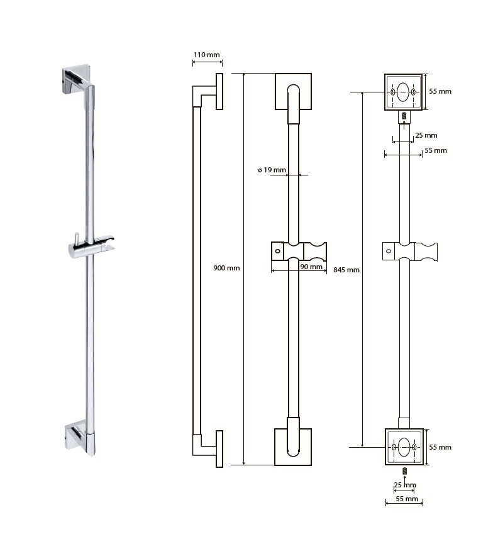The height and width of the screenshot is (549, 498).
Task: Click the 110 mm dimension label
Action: [206, 55]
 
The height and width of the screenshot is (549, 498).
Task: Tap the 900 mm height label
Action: [226, 268]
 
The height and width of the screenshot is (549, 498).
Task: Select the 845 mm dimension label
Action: [346, 270]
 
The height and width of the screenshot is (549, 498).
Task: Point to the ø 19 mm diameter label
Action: [272, 170]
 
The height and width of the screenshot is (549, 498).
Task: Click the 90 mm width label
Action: [311, 267]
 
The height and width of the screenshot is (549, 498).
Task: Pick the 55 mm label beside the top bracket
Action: [440, 91]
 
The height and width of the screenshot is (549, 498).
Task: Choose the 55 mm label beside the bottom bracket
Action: [440, 448]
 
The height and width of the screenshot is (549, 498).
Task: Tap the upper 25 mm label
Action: [426, 135]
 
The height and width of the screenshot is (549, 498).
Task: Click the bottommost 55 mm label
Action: [407, 499]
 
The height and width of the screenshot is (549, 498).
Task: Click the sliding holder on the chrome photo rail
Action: [91, 247]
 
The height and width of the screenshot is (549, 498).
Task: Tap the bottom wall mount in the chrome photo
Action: [78, 435]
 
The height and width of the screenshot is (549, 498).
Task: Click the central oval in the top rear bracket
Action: [403, 92]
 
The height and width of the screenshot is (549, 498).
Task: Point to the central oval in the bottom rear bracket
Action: [404, 447]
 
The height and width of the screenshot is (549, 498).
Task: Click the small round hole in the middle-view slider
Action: [278, 251]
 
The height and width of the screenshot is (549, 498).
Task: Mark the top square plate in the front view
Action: [293, 91]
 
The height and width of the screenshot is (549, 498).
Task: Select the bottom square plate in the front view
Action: [293, 446]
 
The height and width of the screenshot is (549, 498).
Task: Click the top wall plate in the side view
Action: [219, 91]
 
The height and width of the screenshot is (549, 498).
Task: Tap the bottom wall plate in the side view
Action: [219, 449]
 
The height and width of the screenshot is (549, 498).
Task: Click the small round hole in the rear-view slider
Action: [389, 251]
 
